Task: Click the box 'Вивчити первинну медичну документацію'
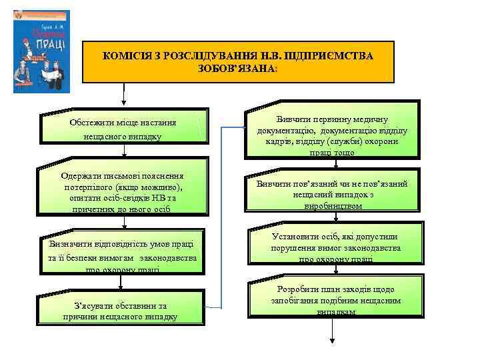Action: coord(332,129)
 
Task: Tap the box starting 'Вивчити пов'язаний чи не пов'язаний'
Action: coord(332,194)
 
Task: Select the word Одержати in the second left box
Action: coord(80,175)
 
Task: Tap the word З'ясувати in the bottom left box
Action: coord(95,305)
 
